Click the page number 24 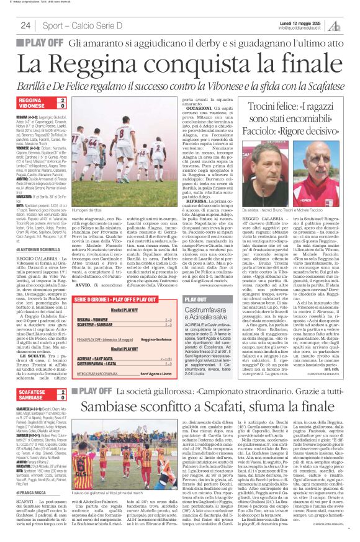pyautogui.click(x=25, y=25)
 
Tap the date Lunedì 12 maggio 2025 pyautogui.click(x=314, y=22)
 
